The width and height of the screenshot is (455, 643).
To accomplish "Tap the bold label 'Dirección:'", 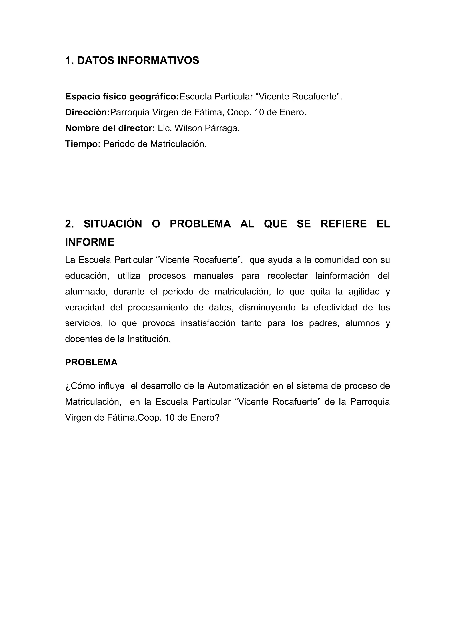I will pyautogui.click(x=87, y=112).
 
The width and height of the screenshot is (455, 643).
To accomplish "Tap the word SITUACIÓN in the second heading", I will pyautogui.click(x=113, y=224).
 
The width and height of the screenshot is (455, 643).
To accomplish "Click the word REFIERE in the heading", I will pyautogui.click(x=343, y=224).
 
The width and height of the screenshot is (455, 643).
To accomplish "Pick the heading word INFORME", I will pyautogui.click(x=90, y=242).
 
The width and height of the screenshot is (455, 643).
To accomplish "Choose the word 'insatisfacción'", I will pyautogui.click(x=208, y=323).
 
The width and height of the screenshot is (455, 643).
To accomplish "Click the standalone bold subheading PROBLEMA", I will pyautogui.click(x=91, y=362).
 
